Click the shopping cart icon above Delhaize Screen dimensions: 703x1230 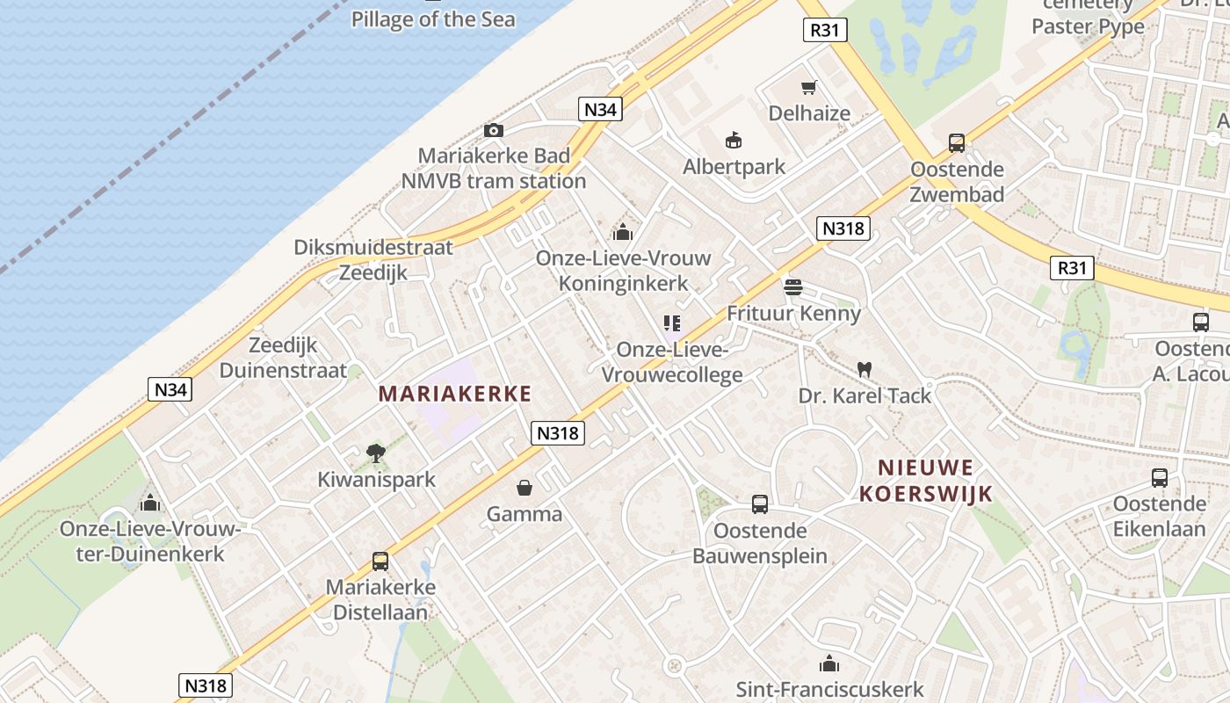[x=809, y=87]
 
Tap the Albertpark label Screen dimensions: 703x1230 [x=734, y=166]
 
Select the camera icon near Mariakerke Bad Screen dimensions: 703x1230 [x=494, y=131]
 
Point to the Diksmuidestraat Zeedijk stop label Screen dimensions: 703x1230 [x=373, y=259]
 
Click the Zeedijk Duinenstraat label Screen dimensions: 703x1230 [x=283, y=357]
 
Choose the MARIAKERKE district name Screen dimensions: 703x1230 [x=455, y=394]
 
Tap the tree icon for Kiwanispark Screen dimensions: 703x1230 [x=376, y=453]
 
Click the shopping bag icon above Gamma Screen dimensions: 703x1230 [x=525, y=487]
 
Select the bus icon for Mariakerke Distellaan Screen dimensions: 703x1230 [x=380, y=561]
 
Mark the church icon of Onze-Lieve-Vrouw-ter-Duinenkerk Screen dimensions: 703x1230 [x=150, y=503]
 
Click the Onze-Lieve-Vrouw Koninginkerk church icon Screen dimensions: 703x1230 [x=623, y=232]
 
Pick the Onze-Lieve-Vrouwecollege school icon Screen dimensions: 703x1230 [x=672, y=323]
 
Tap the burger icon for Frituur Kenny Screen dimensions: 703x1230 [x=792, y=286]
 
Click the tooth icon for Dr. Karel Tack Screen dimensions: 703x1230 [x=865, y=370]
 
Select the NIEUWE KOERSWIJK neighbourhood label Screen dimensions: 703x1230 [x=925, y=480]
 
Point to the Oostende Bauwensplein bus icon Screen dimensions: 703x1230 [x=760, y=504]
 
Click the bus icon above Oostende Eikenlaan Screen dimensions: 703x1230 [x=1160, y=478]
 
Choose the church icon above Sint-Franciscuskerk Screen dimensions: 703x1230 [x=829, y=663]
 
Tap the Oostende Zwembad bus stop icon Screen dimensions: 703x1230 [x=957, y=142]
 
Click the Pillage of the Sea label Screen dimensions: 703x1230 [x=433, y=18]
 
